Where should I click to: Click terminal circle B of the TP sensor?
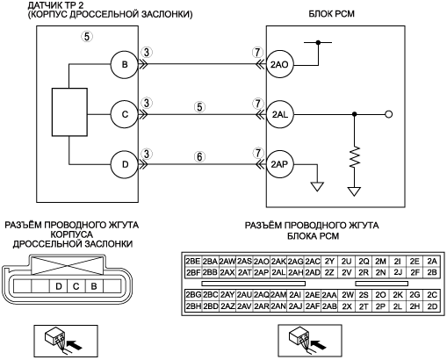(x=125, y=64)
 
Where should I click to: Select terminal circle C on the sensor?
(x=125, y=114)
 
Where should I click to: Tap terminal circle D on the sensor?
(x=125, y=164)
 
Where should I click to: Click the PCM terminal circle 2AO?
(x=280, y=64)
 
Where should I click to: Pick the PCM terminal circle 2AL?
(x=280, y=114)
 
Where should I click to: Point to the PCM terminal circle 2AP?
(x=280, y=164)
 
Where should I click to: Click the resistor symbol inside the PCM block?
(x=355, y=157)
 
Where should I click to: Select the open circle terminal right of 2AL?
(x=389, y=114)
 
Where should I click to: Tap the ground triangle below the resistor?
(x=354, y=191)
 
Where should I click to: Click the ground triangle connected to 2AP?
(x=317, y=186)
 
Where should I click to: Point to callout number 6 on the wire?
(x=199, y=157)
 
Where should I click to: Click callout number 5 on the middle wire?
(x=199, y=107)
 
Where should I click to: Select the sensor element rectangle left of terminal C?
(x=69, y=112)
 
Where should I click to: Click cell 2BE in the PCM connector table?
(x=193, y=261)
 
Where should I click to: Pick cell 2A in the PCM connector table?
(x=432, y=261)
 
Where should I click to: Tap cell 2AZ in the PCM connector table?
(x=227, y=306)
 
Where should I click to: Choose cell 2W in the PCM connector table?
(x=347, y=295)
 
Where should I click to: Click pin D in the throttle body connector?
(x=59, y=286)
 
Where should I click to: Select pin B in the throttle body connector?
(x=94, y=286)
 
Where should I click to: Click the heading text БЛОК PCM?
(x=331, y=14)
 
